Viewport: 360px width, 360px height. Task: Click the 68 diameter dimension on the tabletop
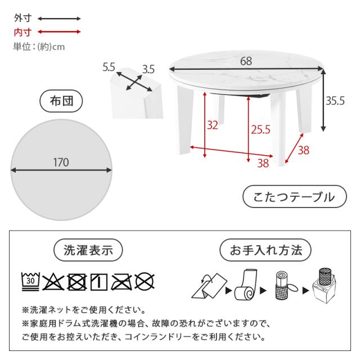point(246,61)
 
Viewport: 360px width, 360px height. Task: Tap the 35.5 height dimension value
point(335,101)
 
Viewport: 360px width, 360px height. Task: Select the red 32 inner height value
point(213,125)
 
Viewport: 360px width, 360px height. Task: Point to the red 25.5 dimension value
point(260,130)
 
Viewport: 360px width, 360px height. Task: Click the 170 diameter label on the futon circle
point(61,163)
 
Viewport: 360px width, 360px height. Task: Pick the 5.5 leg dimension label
point(109,67)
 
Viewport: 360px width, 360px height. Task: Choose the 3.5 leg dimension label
point(148,69)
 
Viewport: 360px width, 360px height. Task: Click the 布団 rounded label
point(61,101)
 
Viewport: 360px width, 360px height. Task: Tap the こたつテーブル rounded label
point(295,197)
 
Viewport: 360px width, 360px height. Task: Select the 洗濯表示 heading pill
point(88,250)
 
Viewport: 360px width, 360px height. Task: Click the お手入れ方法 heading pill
point(265,250)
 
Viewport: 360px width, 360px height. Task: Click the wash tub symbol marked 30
point(30,281)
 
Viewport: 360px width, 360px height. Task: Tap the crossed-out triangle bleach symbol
point(53,282)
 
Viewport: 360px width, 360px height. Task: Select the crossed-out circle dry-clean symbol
point(145,282)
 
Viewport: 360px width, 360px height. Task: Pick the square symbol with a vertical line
point(99,282)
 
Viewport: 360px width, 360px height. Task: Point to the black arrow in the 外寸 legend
point(59,19)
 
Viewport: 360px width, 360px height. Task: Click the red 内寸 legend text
point(22,32)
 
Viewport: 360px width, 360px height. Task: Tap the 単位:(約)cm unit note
point(39,47)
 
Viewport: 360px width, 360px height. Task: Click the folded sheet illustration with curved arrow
point(209,286)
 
